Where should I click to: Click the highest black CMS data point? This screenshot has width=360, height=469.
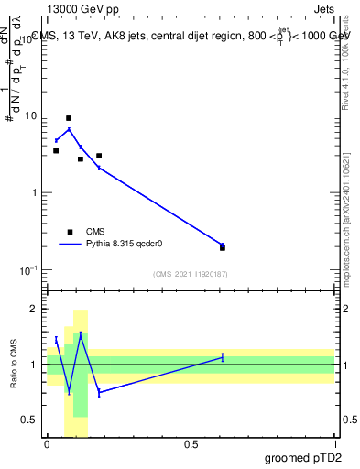(x=69, y=118)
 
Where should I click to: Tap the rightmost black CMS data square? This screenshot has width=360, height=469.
(x=223, y=247)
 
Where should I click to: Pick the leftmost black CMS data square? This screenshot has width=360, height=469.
(x=56, y=150)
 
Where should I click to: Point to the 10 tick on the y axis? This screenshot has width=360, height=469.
(x=31, y=116)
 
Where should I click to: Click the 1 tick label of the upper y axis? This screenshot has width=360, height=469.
(x=35, y=193)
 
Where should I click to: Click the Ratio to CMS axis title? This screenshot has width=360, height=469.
(x=14, y=364)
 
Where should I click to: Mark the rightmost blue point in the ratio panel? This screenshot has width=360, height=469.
(x=223, y=357)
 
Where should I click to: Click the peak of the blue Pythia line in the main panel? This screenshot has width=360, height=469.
(x=69, y=129)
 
